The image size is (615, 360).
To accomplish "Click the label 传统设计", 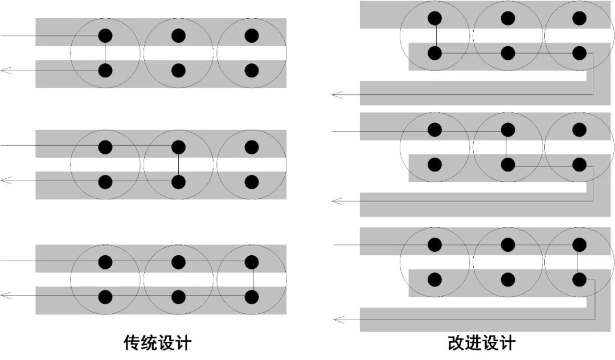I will point(157,343).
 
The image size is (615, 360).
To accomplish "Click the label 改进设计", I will point(481,343).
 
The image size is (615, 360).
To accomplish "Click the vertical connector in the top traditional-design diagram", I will point(105,53).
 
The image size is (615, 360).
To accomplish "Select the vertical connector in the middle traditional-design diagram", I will point(178,165).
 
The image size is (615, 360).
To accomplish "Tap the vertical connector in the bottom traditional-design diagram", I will point(252,279).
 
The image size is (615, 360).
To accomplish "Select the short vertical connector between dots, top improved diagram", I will point(435,36).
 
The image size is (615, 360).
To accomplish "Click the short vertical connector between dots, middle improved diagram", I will point(507,148).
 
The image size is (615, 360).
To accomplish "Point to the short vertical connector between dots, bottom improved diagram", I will point(579,262).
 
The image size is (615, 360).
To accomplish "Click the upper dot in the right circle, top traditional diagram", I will point(252,36).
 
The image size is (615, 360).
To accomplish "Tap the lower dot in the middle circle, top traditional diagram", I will point(178,71).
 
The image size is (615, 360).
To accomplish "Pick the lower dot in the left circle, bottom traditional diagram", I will point(105,297).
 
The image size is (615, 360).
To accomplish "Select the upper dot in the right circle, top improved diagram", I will point(579,18).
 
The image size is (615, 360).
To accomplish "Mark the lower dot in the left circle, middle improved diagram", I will point(435,165).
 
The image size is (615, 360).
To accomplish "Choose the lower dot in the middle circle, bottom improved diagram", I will point(507,279).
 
